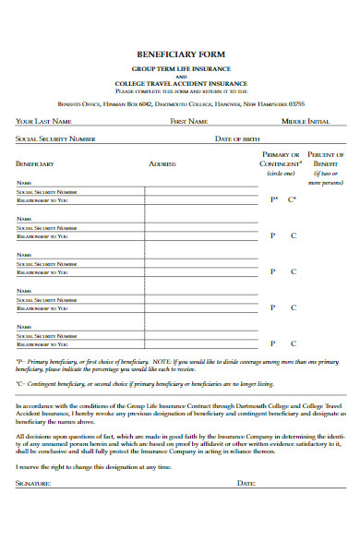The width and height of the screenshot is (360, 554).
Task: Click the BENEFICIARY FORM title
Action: click(180, 54)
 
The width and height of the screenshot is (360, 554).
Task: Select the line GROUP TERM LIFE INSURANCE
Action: click(180, 69)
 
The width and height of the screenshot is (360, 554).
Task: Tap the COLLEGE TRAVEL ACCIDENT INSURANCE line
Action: click(180, 84)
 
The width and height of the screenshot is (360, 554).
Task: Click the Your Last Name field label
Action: click(42, 121)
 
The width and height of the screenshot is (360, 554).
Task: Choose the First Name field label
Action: click(190, 121)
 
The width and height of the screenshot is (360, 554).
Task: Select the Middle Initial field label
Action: click(306, 121)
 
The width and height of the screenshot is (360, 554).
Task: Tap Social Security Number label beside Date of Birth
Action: click(54, 138)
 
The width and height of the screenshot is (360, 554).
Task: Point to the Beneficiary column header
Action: click(34, 163)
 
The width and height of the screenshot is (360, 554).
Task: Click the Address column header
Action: click(162, 163)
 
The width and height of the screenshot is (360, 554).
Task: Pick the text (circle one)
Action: click(281, 173)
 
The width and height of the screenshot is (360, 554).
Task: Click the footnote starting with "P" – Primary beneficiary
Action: click(175, 365)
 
